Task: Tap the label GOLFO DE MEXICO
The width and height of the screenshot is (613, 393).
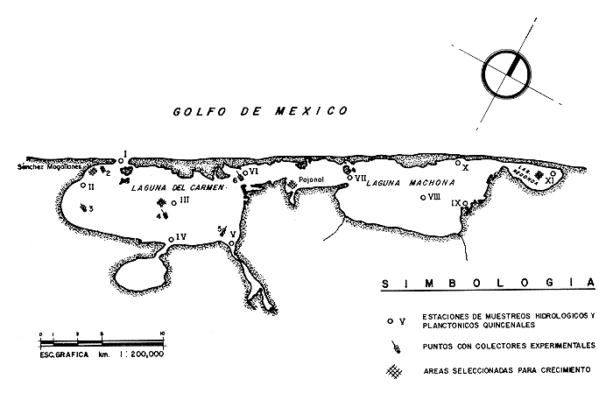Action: point(260,111)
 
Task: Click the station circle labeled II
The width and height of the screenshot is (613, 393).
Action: point(83,186)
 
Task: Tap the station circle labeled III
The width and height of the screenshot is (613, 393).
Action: point(175,202)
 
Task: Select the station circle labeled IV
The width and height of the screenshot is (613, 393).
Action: point(171,239)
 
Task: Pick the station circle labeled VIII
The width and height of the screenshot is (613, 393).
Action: point(422,198)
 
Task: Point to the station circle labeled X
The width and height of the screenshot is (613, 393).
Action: point(458,163)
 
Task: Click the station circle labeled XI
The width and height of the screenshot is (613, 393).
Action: point(553,173)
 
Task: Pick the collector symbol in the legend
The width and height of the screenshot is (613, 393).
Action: point(398,347)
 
